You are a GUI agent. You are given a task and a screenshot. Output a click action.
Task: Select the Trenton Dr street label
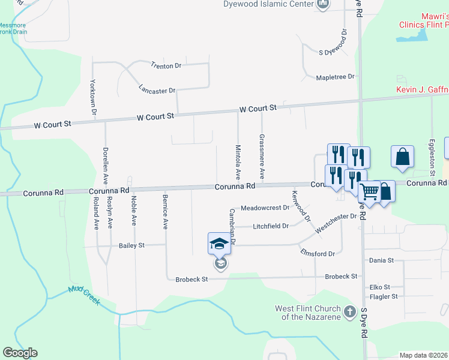166,65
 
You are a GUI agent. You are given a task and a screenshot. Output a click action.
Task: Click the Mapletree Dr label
336,77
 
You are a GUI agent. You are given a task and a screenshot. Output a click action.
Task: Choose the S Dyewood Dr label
334,52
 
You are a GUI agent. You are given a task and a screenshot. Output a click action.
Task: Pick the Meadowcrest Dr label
265,208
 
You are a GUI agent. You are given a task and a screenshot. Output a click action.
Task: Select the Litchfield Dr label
271,226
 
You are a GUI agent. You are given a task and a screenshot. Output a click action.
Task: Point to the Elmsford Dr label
318,254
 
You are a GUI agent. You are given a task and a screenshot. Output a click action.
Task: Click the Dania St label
381,260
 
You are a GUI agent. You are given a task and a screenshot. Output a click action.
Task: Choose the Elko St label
380,287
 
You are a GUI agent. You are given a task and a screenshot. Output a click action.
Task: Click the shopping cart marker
369,192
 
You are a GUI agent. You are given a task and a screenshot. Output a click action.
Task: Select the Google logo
20,353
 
